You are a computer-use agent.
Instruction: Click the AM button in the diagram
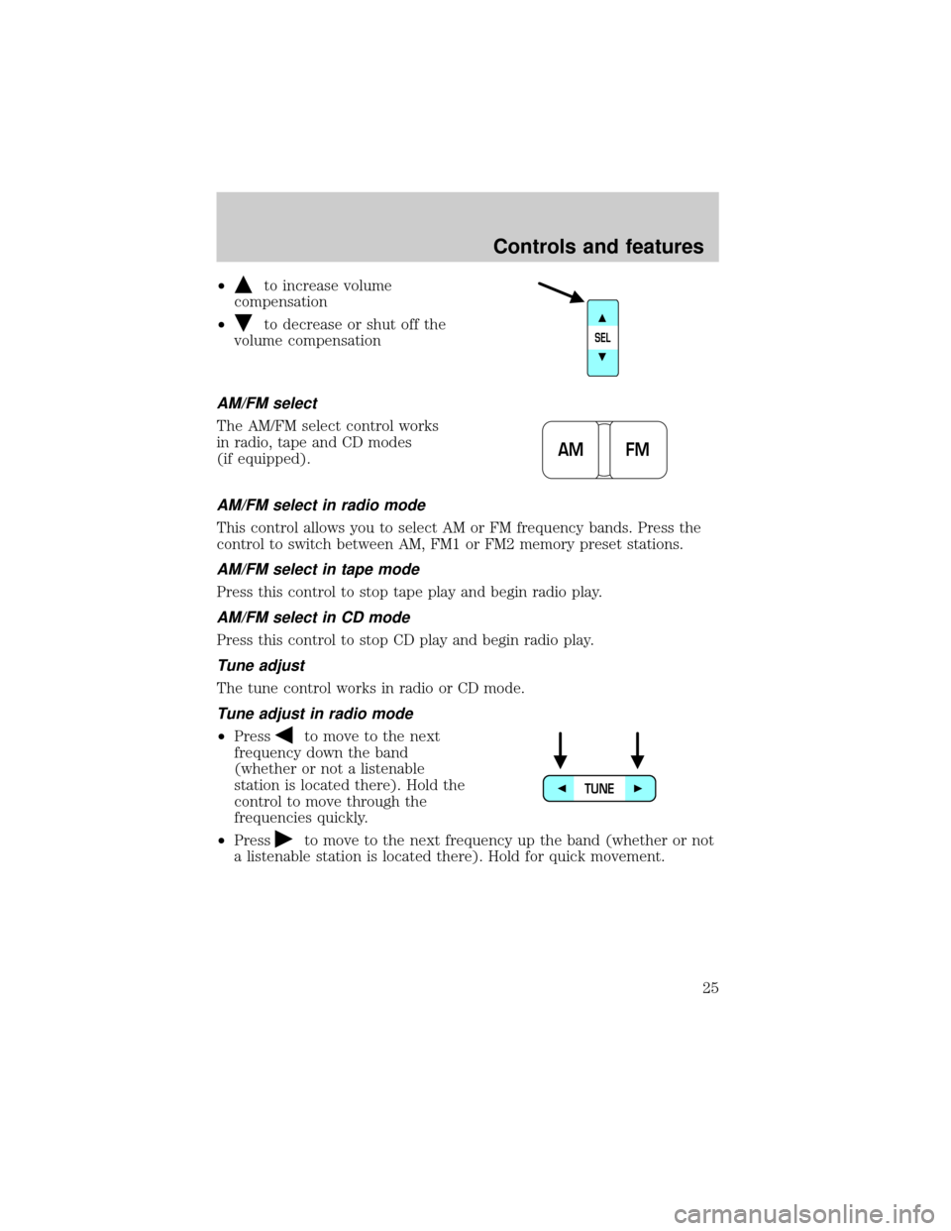click(x=570, y=450)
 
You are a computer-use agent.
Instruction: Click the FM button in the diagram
click(x=638, y=450)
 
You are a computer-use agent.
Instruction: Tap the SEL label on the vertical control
click(x=602, y=338)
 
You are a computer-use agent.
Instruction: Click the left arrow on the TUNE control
click(x=562, y=788)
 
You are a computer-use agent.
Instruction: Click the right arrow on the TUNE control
click(x=638, y=788)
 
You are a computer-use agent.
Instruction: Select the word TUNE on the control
click(x=599, y=789)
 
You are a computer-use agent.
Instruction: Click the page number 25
click(x=710, y=988)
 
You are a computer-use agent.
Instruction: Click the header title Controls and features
click(x=598, y=247)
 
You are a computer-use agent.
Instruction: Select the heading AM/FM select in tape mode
click(x=318, y=569)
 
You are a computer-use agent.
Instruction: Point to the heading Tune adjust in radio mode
click(x=315, y=714)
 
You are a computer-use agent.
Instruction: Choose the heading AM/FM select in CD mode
click(x=314, y=617)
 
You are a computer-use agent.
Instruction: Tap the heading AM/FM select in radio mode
click(x=321, y=505)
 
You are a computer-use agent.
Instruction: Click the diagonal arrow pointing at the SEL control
click(x=561, y=292)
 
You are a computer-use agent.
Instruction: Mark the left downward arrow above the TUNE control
click(x=561, y=750)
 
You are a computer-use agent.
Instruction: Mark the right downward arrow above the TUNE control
click(x=637, y=750)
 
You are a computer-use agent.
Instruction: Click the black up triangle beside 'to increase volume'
click(x=243, y=283)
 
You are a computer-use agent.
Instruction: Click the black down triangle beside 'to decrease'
click(x=243, y=323)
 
